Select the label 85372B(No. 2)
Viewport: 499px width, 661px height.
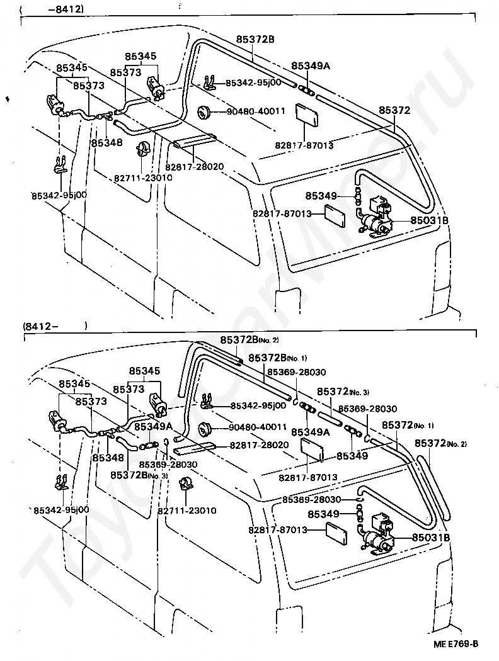point(249,340)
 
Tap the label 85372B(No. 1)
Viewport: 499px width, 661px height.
point(278,358)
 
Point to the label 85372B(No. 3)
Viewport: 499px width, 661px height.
point(139,475)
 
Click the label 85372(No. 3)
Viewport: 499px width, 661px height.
point(343,392)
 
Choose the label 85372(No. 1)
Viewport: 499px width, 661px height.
point(408,425)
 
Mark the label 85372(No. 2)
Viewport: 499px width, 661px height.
point(441,443)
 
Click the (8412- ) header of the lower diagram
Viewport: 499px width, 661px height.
point(55,326)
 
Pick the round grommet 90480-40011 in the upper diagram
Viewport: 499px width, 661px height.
point(204,113)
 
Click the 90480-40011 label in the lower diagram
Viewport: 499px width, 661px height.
point(257,427)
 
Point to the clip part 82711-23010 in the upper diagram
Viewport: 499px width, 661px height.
point(143,150)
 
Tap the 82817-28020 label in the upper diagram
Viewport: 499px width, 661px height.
point(194,167)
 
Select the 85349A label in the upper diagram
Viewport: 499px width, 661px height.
point(311,65)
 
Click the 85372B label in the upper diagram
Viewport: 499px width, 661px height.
point(255,39)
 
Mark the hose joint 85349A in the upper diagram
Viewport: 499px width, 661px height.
point(306,90)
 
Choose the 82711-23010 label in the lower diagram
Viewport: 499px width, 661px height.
point(187,511)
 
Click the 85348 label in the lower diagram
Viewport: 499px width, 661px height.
point(108,458)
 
